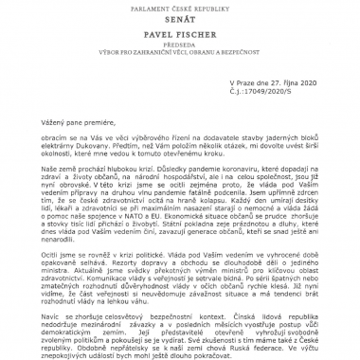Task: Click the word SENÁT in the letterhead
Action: [180, 19]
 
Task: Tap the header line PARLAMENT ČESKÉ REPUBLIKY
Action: [180, 6]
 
